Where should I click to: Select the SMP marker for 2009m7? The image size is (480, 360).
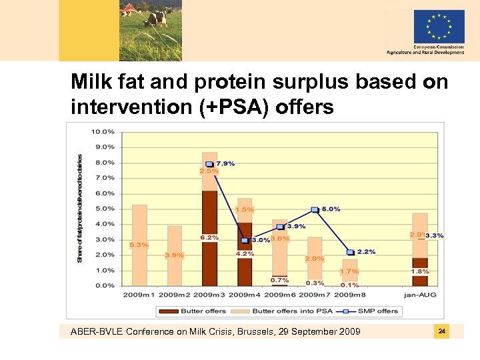coord(315,209)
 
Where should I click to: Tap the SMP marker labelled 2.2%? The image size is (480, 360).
coord(350,252)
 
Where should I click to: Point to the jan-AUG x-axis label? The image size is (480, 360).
coord(420,294)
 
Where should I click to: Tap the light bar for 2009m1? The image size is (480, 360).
coord(139,227)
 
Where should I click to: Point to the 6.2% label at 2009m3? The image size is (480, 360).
coord(209,238)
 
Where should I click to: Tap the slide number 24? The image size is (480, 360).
coord(441,331)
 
